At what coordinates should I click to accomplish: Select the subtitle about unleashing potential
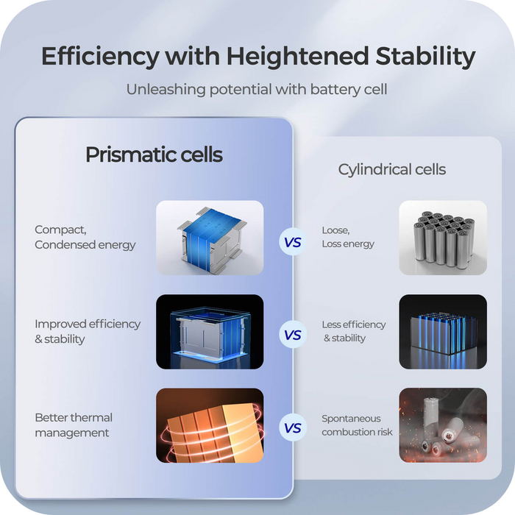point(256,90)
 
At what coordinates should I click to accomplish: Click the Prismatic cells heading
point(154,155)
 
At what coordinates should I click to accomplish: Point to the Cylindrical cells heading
point(391,170)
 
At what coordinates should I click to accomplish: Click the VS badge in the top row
point(293,241)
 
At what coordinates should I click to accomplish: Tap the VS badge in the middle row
point(293,335)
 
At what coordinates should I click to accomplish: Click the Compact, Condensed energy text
point(85,238)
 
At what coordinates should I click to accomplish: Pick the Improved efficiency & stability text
point(87,331)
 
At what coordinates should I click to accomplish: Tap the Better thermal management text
point(74,425)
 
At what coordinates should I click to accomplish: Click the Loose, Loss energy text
point(347,237)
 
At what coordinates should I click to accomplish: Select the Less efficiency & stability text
point(353,331)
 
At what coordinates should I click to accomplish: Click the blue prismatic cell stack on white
point(210,238)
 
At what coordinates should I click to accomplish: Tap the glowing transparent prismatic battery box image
point(210,332)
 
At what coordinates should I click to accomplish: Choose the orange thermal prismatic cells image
point(210,425)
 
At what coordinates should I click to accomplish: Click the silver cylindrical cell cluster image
point(442,238)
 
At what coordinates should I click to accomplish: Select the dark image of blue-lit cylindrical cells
point(442,332)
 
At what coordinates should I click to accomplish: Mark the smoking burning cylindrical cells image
point(442,425)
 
